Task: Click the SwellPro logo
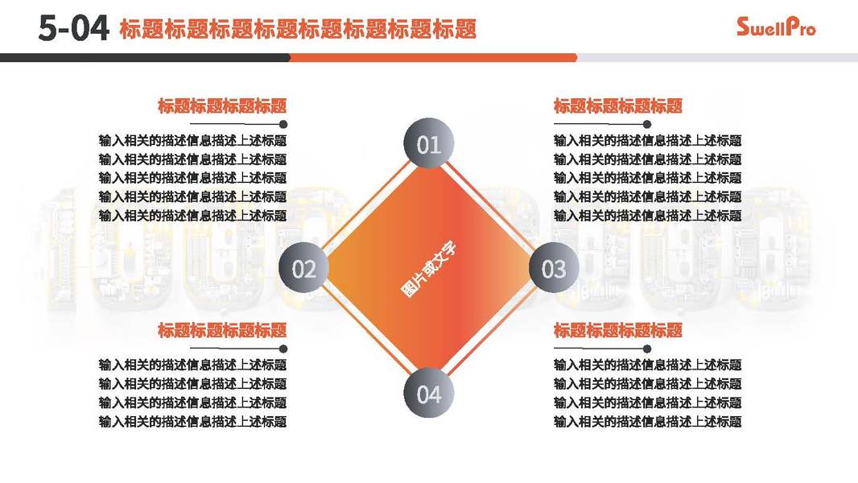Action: point(776,27)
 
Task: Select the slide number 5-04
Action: point(72,29)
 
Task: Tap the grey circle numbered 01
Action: point(428,144)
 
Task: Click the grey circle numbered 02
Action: point(303,268)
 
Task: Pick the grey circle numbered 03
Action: point(554,268)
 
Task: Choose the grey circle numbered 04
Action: point(428,394)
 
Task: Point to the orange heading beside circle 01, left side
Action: point(222,105)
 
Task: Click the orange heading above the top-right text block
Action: point(617,105)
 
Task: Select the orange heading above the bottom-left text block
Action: point(222,330)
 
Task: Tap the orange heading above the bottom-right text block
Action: point(617,330)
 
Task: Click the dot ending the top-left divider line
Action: point(283,124)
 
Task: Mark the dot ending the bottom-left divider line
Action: point(283,349)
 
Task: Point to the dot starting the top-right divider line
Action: point(557,124)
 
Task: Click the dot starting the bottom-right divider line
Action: point(557,349)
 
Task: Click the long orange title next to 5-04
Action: point(298,30)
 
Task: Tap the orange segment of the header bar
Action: point(433,57)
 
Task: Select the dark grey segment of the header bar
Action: point(145,57)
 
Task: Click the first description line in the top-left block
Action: point(192,141)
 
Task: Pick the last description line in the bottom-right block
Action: point(647,421)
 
